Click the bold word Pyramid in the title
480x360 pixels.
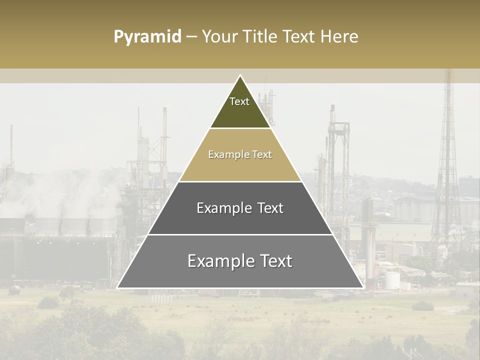147,37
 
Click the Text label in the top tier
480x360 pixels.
239,101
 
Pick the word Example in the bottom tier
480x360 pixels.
219,261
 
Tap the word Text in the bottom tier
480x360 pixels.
275,261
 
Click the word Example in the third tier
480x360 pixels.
223,208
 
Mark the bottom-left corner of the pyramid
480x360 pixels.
118,287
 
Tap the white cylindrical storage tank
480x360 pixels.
392,280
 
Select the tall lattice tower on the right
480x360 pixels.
447,165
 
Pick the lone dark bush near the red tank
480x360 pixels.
48,302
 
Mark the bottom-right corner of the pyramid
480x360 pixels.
362,287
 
